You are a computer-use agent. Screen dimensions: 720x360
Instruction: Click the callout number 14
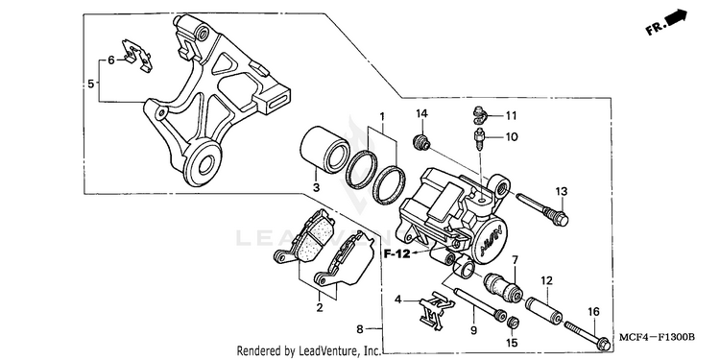(422, 114)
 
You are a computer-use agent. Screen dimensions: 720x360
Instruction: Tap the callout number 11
(511, 116)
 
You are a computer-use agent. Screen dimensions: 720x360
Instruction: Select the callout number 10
(512, 137)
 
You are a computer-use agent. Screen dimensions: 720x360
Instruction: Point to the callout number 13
(562, 191)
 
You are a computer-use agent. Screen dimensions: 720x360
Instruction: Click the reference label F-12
(397, 253)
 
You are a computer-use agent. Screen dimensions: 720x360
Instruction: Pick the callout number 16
(593, 312)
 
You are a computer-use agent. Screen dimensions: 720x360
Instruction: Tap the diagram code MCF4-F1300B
(657, 338)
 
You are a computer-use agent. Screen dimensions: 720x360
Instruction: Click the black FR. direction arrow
(677, 17)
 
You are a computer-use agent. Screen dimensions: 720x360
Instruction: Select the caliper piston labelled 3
(325, 147)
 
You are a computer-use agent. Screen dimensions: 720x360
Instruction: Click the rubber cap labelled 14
(422, 141)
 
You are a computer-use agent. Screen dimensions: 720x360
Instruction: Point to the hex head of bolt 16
(604, 343)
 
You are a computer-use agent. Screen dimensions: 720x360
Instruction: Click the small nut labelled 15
(514, 323)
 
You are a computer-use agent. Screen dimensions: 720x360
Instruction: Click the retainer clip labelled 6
(136, 56)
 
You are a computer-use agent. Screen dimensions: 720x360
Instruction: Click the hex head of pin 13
(562, 219)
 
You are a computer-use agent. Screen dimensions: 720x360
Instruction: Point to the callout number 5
(91, 84)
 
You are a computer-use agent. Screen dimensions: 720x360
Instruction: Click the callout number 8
(360, 329)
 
